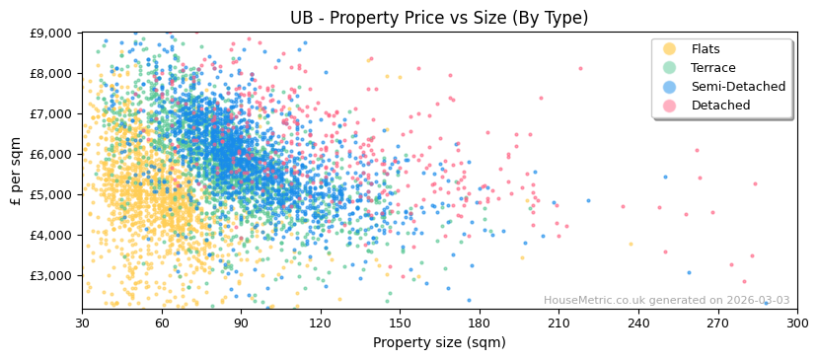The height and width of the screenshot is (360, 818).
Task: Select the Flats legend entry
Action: [x=705, y=49]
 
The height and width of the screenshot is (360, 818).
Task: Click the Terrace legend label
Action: [x=712, y=68]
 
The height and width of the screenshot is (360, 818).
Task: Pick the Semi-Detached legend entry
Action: [x=738, y=87]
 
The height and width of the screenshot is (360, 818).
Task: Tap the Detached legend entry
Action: [x=720, y=106]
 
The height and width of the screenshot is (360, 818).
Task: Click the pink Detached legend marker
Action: [x=670, y=106]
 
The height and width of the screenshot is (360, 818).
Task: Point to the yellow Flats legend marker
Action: [x=670, y=49]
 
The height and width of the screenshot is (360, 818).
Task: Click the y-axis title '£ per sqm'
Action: [x=16, y=171]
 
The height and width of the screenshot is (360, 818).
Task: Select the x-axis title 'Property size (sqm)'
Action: [x=439, y=343]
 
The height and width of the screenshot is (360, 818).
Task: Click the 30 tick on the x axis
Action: [x=82, y=323]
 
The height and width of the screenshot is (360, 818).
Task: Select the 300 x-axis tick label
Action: [x=796, y=323]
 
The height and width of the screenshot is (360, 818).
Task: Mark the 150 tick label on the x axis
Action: [x=400, y=323]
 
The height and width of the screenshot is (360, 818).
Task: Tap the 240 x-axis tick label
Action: [x=637, y=323]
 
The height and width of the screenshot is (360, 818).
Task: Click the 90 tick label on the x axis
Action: [x=241, y=323]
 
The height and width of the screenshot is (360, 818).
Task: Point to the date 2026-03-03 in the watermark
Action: [x=756, y=301]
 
